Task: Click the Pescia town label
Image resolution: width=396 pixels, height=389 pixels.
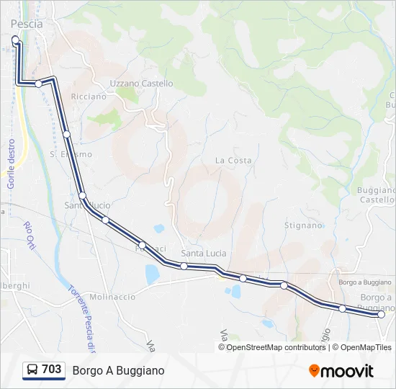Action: (x=27, y=24)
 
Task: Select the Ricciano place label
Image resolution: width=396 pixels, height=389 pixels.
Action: (x=89, y=97)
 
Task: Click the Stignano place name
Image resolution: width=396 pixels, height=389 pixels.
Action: (x=303, y=225)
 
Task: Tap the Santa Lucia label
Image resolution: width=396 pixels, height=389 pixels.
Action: (x=204, y=254)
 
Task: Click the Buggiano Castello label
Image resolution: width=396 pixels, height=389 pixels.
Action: (x=377, y=194)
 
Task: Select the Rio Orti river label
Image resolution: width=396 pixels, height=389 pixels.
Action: (x=30, y=236)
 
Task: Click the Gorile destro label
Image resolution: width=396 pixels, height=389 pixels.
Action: (x=12, y=164)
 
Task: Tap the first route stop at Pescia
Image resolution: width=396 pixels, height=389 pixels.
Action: (x=16, y=40)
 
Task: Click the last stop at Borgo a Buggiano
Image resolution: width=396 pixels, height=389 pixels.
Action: (x=381, y=314)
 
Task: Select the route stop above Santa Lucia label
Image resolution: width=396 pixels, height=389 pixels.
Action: (x=184, y=266)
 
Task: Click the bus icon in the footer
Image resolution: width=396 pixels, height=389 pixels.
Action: (x=32, y=370)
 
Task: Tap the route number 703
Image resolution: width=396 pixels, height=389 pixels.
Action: (x=52, y=370)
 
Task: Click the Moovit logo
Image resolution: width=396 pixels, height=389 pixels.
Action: (x=341, y=371)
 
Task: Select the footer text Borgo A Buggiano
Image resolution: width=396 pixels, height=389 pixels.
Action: (x=118, y=370)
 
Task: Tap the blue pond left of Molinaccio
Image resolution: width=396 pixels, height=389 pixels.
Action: (x=152, y=274)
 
